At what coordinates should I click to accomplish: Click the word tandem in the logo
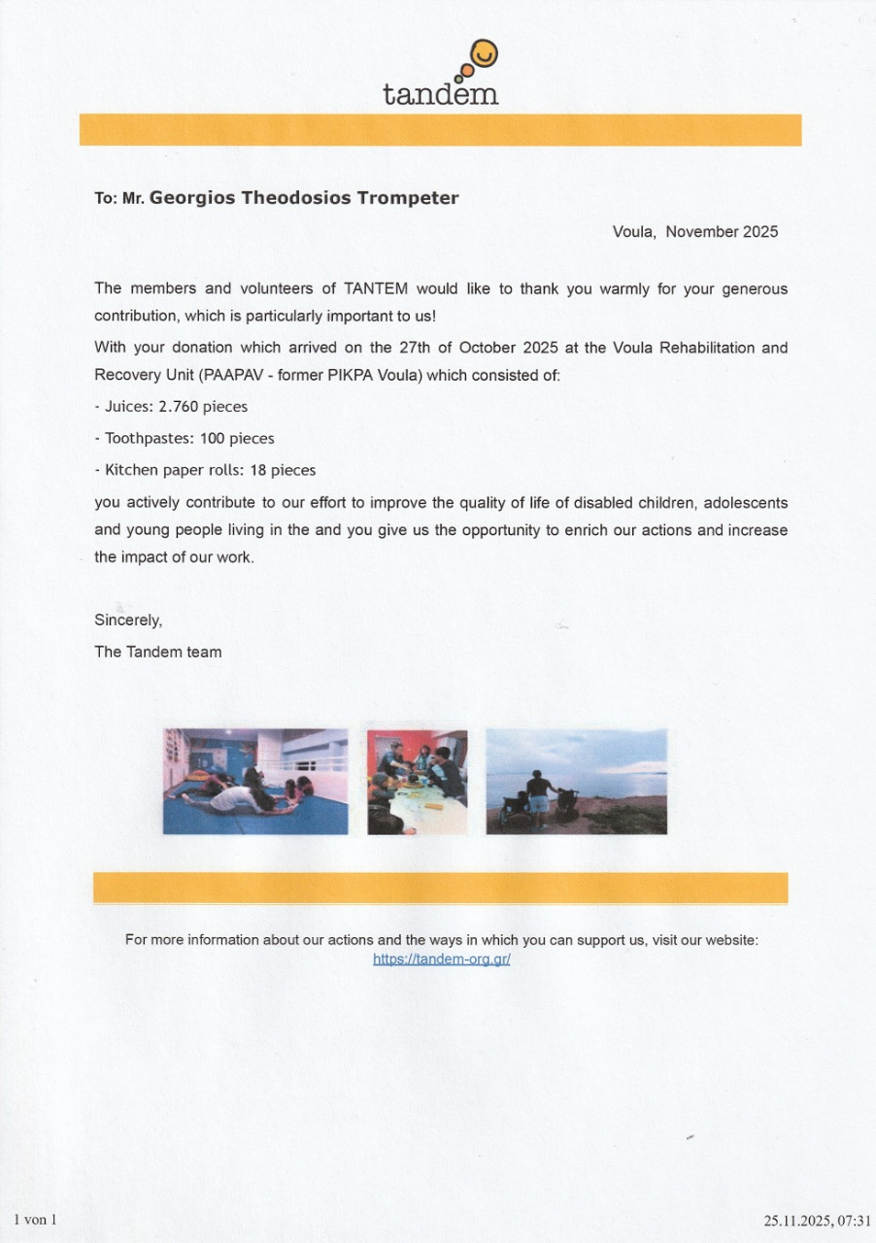click(x=440, y=93)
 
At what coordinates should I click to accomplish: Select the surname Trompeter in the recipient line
click(x=411, y=198)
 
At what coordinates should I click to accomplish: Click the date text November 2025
click(x=722, y=232)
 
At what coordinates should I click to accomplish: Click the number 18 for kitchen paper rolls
click(x=258, y=470)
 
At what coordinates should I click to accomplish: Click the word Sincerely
click(x=128, y=620)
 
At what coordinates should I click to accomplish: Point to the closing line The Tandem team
click(x=158, y=652)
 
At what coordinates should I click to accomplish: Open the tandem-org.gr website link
click(x=442, y=958)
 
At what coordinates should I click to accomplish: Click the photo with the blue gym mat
click(x=255, y=782)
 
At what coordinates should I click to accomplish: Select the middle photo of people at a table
click(x=417, y=782)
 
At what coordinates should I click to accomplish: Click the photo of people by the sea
click(x=576, y=782)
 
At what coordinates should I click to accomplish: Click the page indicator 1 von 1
click(x=36, y=1220)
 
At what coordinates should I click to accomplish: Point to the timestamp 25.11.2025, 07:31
click(x=817, y=1221)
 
